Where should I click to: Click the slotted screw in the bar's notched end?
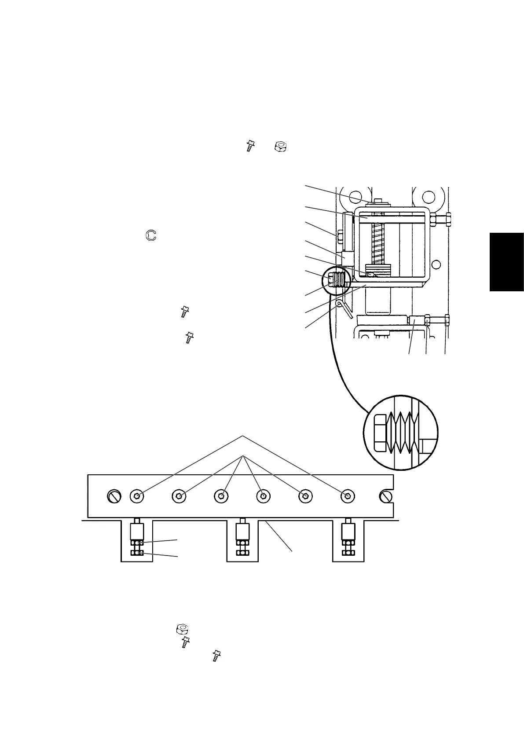click(x=387, y=496)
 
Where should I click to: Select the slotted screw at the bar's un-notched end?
click(x=114, y=497)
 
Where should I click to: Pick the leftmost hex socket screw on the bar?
click(x=137, y=496)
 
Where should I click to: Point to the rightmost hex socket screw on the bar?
click(x=348, y=496)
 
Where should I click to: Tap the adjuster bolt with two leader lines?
click(x=137, y=539)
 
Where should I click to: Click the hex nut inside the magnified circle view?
click(x=380, y=432)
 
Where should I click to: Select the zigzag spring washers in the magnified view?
click(x=404, y=433)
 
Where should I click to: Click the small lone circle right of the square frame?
click(x=436, y=264)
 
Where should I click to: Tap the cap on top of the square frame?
click(x=379, y=203)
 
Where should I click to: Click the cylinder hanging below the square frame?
click(x=378, y=302)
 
